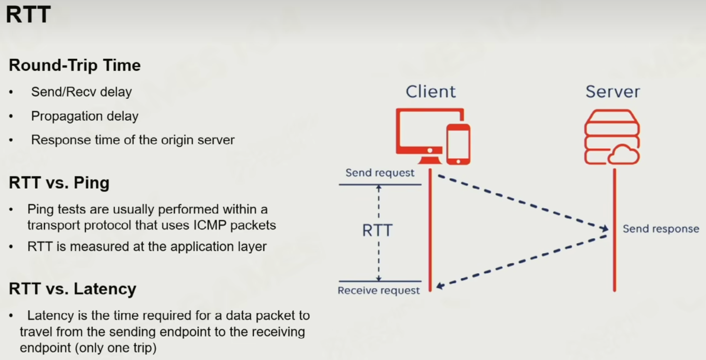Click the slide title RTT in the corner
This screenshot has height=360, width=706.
(x=28, y=15)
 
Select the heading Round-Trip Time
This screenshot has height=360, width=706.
(x=75, y=65)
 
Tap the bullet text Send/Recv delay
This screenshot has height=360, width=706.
(x=81, y=92)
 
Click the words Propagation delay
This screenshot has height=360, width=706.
(x=85, y=116)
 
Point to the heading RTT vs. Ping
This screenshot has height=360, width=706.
(x=59, y=183)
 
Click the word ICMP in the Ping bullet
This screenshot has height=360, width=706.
(x=210, y=225)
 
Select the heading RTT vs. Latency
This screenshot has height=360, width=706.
(x=72, y=289)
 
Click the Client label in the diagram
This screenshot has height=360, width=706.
(x=430, y=92)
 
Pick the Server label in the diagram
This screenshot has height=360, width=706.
(x=613, y=92)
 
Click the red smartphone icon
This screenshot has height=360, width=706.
(x=458, y=144)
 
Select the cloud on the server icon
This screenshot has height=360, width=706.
(x=624, y=154)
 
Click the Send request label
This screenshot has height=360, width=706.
(x=380, y=173)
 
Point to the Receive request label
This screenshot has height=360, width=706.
(x=379, y=290)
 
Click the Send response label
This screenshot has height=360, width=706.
(x=661, y=229)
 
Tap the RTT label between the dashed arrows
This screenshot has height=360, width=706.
(x=377, y=230)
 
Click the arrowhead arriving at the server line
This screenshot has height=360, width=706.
(x=604, y=228)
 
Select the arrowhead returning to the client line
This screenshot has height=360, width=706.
(x=440, y=286)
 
